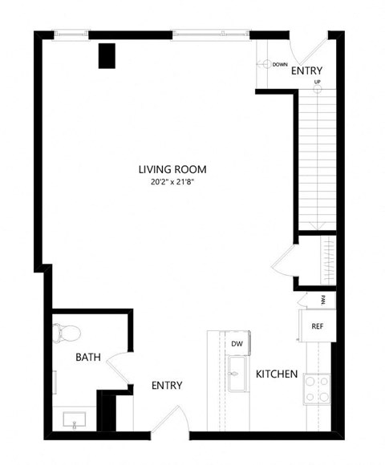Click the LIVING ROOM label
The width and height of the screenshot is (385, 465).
coord(172,169)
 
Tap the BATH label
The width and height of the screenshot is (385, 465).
coord(88,357)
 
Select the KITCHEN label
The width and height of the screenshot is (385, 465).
coord(277,374)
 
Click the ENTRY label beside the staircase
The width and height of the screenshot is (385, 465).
coord(306,71)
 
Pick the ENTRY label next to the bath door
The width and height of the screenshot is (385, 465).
coord(167,386)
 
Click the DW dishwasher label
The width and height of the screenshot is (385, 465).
coord(237,344)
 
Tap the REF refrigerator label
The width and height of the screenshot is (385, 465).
coord(318,326)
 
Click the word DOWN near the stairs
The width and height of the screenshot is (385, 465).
coord(279,64)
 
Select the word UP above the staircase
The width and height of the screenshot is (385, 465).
coord(318,83)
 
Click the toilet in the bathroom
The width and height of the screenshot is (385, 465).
coord(66,333)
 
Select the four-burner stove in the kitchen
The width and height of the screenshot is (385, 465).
coord(317,390)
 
